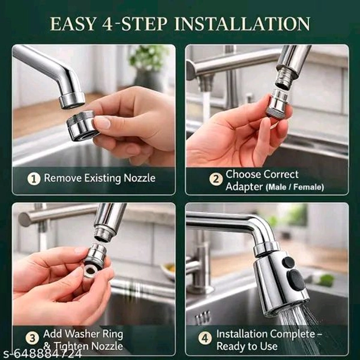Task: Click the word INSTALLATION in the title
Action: tap(242, 23)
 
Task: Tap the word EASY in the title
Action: tap(73, 23)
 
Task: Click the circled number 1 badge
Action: tap(34, 179)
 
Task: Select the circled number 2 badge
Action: tap(216, 179)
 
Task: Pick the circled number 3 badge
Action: tap(32, 338)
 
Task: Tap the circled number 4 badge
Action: tap(205, 338)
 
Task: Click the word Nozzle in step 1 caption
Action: tap(140, 178)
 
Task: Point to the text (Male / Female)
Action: tap(295, 187)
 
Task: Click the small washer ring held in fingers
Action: tap(91, 272)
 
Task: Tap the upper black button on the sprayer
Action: tap(288, 262)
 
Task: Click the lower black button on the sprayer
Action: tap(296, 280)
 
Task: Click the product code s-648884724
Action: tap(41, 354)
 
